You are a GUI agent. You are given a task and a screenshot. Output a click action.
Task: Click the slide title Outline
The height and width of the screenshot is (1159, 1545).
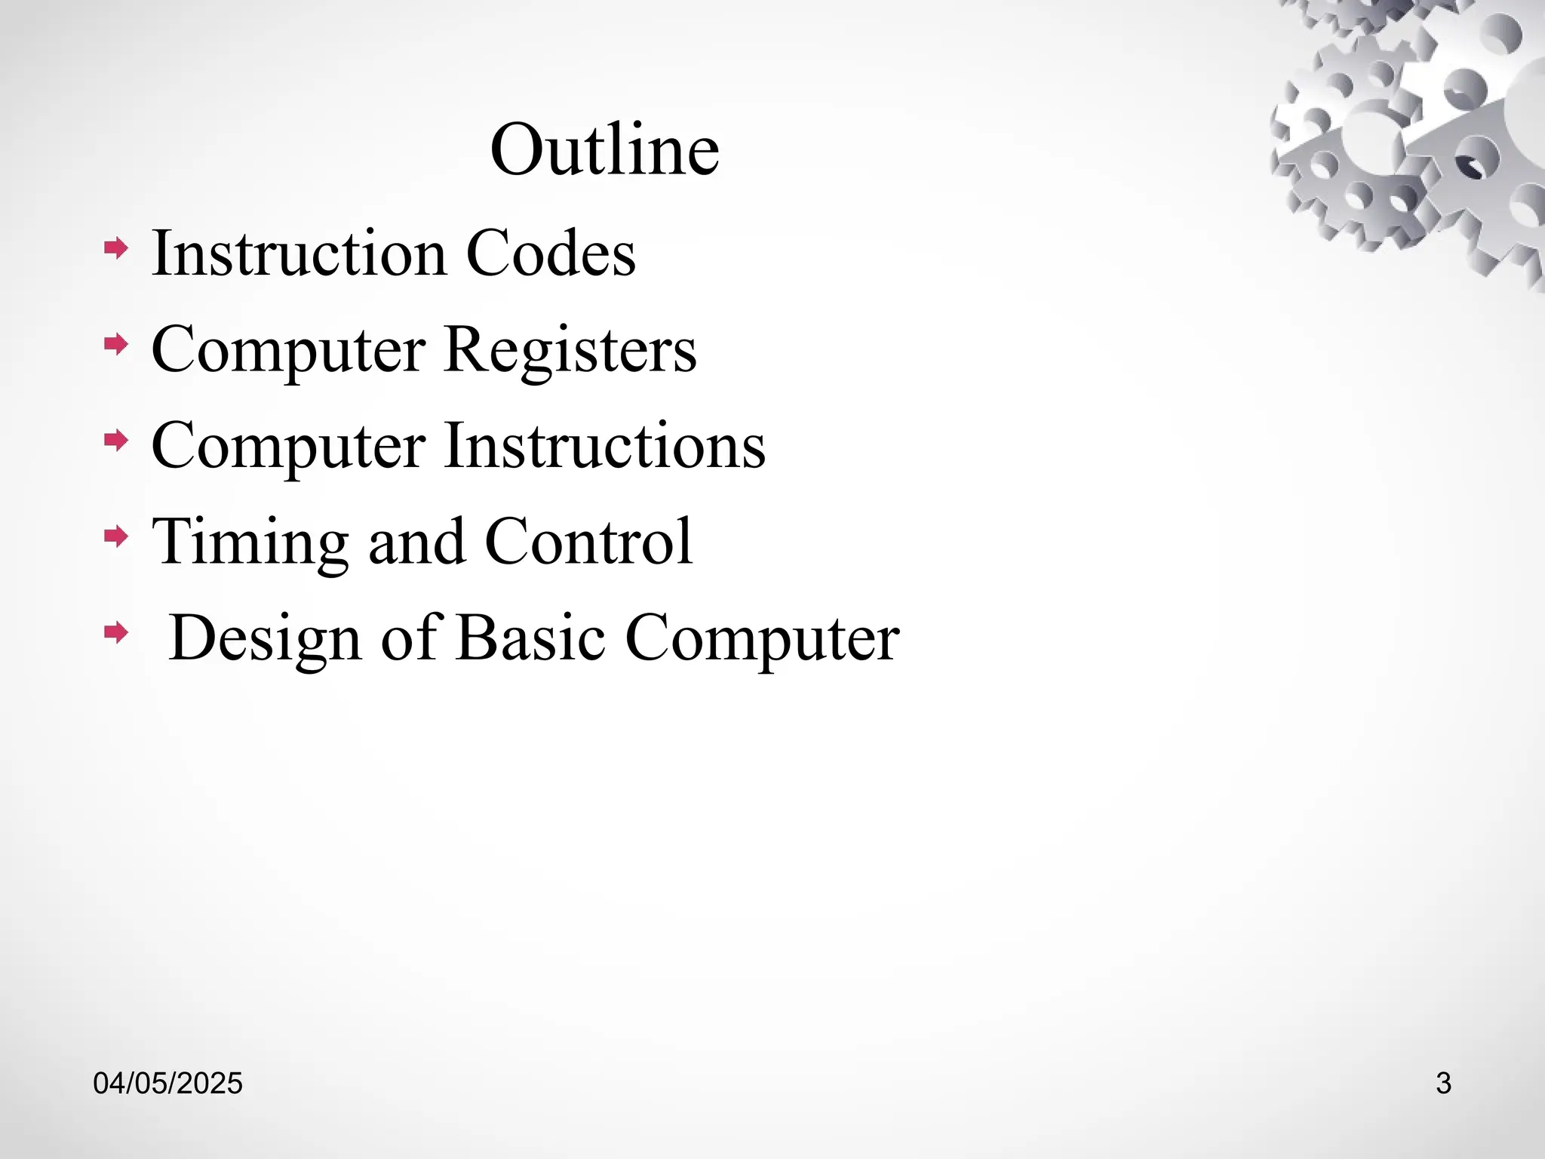coord(604,149)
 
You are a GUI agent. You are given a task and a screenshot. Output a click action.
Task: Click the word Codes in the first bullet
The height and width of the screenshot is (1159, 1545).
coord(551,254)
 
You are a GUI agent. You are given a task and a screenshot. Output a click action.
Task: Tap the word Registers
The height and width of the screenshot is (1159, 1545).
coord(570,349)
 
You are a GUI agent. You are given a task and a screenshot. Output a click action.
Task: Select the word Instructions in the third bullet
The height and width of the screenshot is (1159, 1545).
coord(605,446)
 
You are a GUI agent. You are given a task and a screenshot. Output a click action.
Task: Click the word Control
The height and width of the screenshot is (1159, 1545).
coord(588,542)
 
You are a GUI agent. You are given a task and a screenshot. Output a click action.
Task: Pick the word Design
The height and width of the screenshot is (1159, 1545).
coord(265,638)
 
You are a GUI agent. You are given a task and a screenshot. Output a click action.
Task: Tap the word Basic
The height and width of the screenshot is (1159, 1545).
coord(530,638)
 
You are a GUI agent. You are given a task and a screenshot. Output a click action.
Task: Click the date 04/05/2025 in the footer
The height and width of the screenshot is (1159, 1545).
coord(167,1084)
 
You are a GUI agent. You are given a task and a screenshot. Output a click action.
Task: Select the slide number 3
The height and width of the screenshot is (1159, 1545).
coord(1443,1084)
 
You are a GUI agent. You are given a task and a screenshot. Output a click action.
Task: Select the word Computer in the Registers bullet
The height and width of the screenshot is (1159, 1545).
coord(288,349)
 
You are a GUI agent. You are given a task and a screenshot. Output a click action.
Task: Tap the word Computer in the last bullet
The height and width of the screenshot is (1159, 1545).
coord(762,638)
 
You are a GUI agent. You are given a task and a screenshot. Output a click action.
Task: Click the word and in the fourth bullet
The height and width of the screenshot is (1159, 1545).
coord(416,542)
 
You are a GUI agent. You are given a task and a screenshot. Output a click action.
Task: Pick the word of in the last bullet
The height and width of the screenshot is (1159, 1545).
coord(409,638)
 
